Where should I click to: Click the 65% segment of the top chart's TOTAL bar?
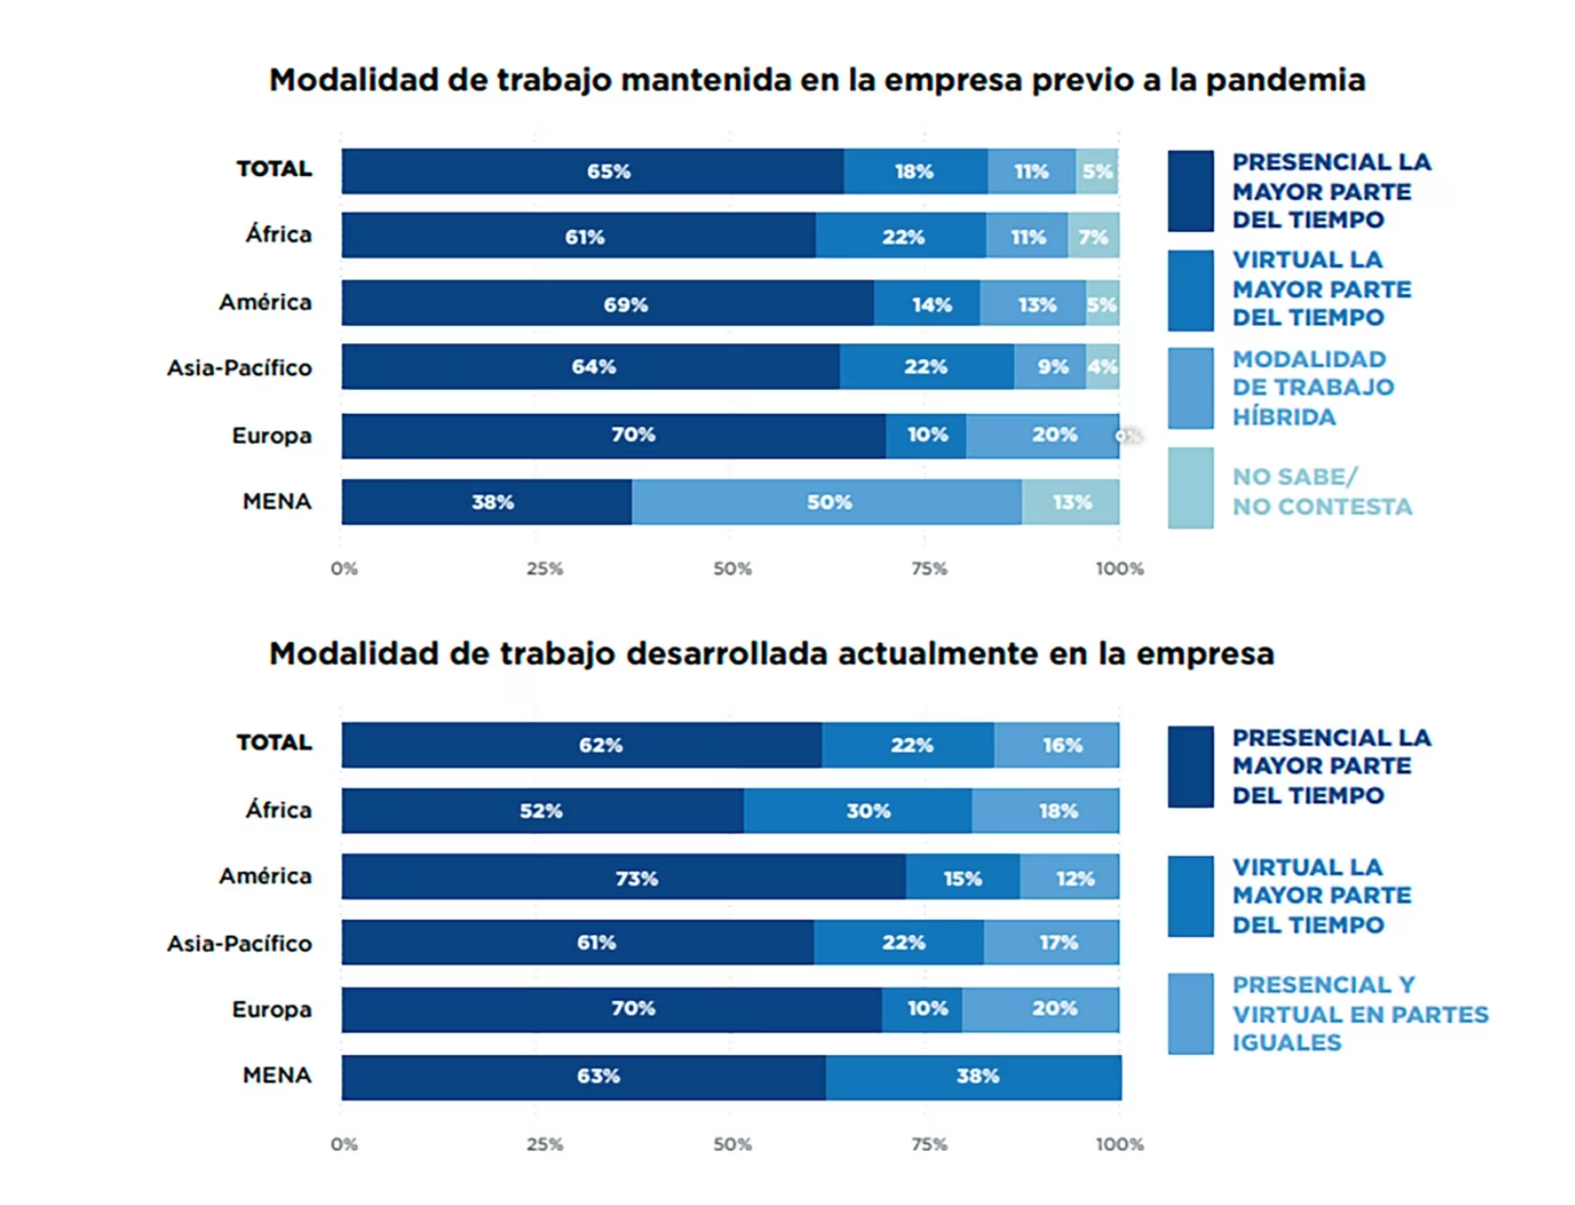pyautogui.click(x=592, y=171)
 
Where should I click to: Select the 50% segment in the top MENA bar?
pyautogui.click(x=827, y=502)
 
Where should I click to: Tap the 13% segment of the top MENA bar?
pyautogui.click(x=1071, y=502)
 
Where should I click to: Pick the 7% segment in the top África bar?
pyautogui.click(x=1093, y=236)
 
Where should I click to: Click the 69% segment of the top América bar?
pyautogui.click(x=608, y=304)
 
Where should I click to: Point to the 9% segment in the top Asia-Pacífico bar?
pyautogui.click(x=1051, y=367)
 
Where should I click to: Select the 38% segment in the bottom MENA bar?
pyautogui.click(x=973, y=1076)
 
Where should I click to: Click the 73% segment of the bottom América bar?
pyautogui.click(x=624, y=877)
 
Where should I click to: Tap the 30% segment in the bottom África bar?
pyautogui.click(x=858, y=810)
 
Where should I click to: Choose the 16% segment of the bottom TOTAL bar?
pyautogui.click(x=1056, y=745)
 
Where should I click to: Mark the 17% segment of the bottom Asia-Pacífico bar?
pyautogui.click(x=1052, y=942)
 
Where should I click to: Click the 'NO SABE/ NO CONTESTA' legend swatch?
pyautogui.click(x=1190, y=488)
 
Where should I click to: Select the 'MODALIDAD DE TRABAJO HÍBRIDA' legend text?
pyautogui.click(x=1313, y=388)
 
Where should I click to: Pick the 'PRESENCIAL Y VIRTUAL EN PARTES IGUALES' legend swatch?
pyautogui.click(x=1190, y=1014)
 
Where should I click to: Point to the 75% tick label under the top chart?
pyautogui.click(x=929, y=569)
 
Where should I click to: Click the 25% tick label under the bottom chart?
pyautogui.click(x=545, y=1144)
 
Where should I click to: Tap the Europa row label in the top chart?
pyautogui.click(x=272, y=436)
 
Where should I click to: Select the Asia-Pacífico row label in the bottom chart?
pyautogui.click(x=239, y=943)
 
